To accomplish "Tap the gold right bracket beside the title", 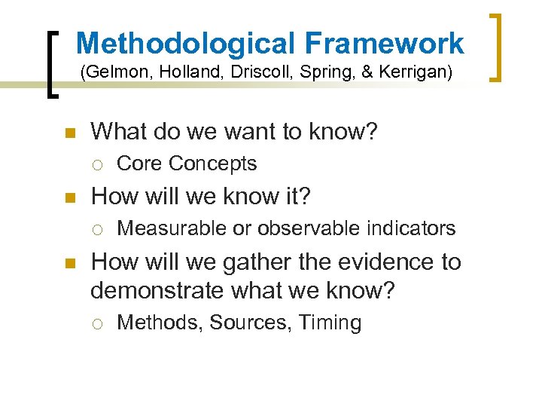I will pyautogui.click(x=497, y=47).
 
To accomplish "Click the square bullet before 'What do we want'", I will pyautogui.click(x=70, y=133).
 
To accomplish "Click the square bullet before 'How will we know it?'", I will pyautogui.click(x=70, y=197).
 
